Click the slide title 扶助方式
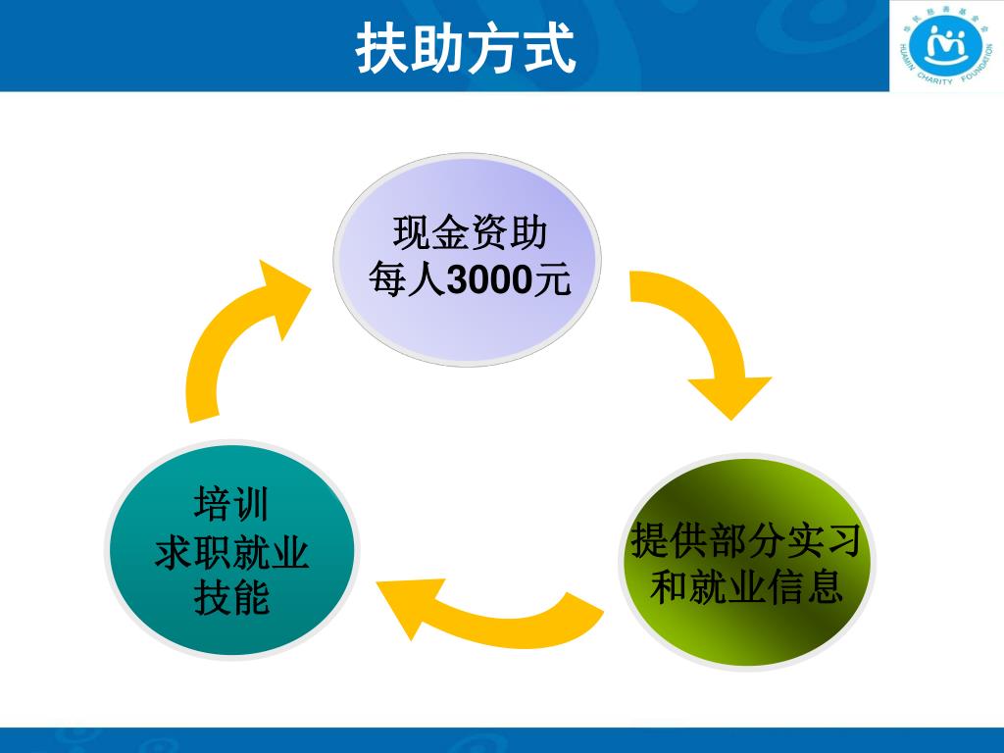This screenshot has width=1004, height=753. click(x=466, y=47)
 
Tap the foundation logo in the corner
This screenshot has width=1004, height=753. click(x=945, y=46)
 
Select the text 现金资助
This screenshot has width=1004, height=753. click(x=469, y=234)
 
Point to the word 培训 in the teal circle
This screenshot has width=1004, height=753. click(x=231, y=506)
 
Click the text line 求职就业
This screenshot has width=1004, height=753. click(x=232, y=553)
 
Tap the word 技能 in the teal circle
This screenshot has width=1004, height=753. click(x=231, y=597)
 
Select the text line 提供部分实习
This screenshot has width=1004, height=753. click(x=746, y=539)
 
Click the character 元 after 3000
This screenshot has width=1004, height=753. click(x=549, y=281)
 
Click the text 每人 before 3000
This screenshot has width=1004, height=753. click(x=406, y=281)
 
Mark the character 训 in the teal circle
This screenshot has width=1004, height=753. click(x=251, y=506)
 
